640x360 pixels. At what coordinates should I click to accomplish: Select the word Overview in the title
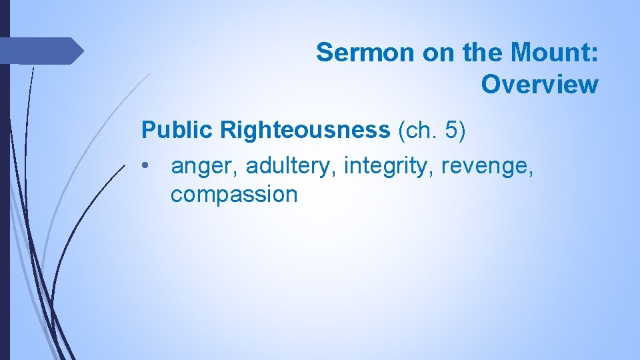(539, 85)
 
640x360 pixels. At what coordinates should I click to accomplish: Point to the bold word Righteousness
(305, 130)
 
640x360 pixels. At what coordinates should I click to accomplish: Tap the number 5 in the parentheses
(454, 130)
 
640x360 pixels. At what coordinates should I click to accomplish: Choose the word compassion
(234, 195)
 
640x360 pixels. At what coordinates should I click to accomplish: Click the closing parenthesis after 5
(463, 131)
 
